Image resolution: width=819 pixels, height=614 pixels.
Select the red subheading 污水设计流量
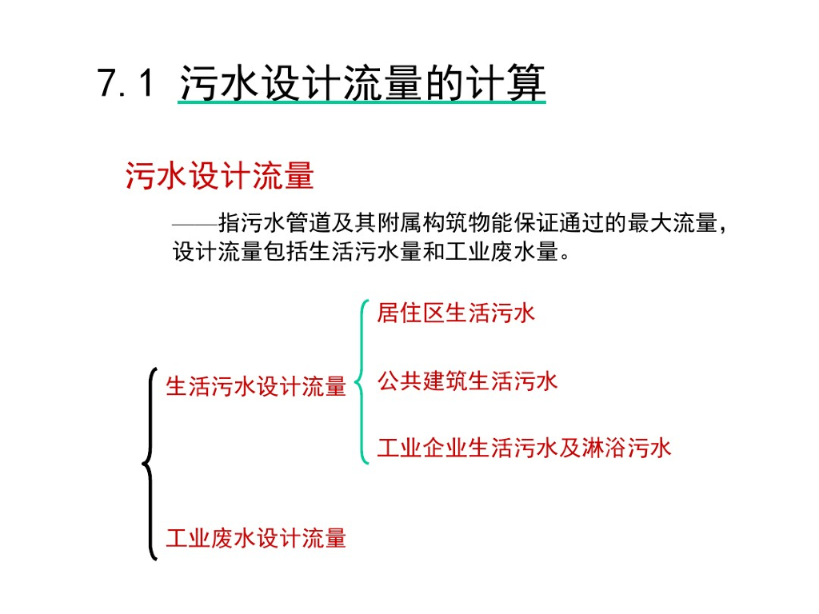(219, 176)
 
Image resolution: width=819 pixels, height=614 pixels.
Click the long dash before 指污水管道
(194, 224)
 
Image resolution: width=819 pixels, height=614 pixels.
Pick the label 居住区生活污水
(456, 313)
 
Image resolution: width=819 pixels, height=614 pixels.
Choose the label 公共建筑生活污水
(467, 381)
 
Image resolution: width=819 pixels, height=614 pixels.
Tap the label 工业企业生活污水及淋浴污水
(524, 448)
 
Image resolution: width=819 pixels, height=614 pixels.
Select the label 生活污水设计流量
(256, 387)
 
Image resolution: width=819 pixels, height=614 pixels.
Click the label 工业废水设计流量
(256, 538)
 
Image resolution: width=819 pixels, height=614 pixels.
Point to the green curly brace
(362, 382)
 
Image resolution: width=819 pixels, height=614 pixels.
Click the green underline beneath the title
(362, 105)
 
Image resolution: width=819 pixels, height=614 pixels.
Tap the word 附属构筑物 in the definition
(420, 223)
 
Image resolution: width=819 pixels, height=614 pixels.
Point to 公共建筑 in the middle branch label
(422, 381)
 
